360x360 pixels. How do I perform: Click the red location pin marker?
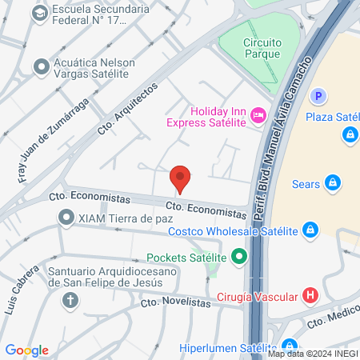point(180,178)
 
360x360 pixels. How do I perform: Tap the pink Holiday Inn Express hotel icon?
point(258,116)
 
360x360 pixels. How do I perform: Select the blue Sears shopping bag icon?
point(333,183)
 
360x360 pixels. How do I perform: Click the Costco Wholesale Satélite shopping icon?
point(311,231)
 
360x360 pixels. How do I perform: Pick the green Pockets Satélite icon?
point(238,258)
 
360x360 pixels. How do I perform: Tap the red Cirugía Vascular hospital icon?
point(311,295)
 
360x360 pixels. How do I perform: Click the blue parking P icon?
point(318,96)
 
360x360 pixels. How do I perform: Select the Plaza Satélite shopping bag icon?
point(350,135)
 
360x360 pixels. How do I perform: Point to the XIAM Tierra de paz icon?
point(64,217)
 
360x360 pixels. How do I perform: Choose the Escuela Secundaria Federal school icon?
point(39,14)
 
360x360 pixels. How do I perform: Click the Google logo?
point(26,350)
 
